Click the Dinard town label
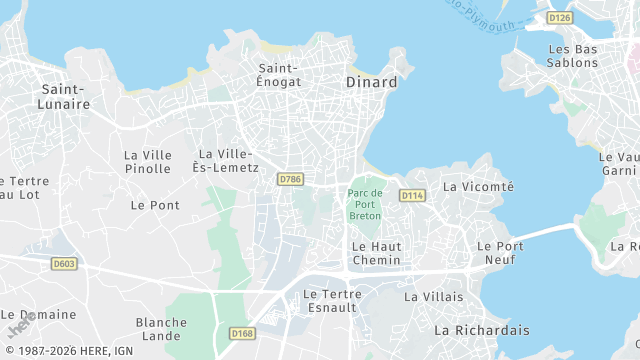pos(371,82)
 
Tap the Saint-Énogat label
pos(279,75)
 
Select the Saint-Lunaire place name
pos(65,96)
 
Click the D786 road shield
pos(290,179)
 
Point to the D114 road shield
pos(412,195)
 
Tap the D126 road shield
pos(560,18)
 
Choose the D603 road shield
pos(64,264)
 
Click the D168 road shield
pos(241,333)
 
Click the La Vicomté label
pos(478,186)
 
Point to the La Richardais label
pos(481,329)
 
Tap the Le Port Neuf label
pos(500,253)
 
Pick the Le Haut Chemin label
pos(376,253)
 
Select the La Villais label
pos(434,297)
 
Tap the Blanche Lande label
pos(161,330)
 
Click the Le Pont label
pos(155,205)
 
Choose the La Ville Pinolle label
pos(148,162)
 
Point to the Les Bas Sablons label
pos(573,55)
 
